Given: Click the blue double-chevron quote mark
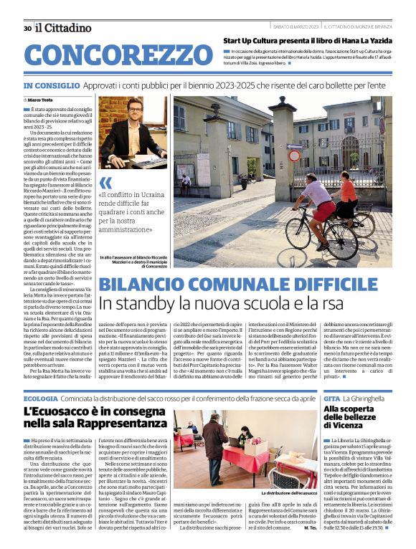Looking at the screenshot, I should [x=106, y=182].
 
